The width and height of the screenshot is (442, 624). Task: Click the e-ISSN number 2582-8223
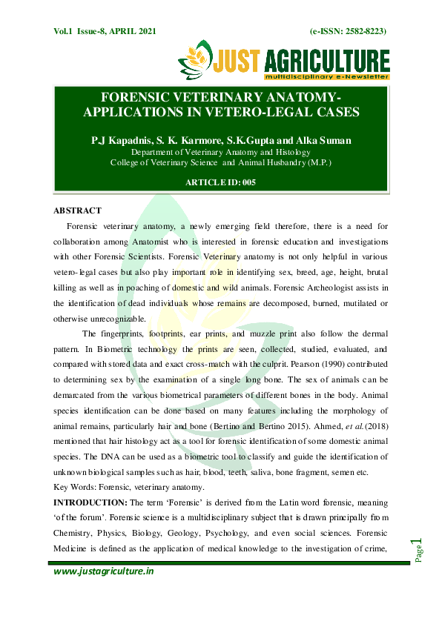coord(360,30)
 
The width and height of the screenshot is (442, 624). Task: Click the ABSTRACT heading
coord(77,210)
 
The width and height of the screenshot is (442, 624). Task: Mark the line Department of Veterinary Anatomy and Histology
coord(220,152)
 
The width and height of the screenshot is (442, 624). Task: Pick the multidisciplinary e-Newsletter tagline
coord(326,76)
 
